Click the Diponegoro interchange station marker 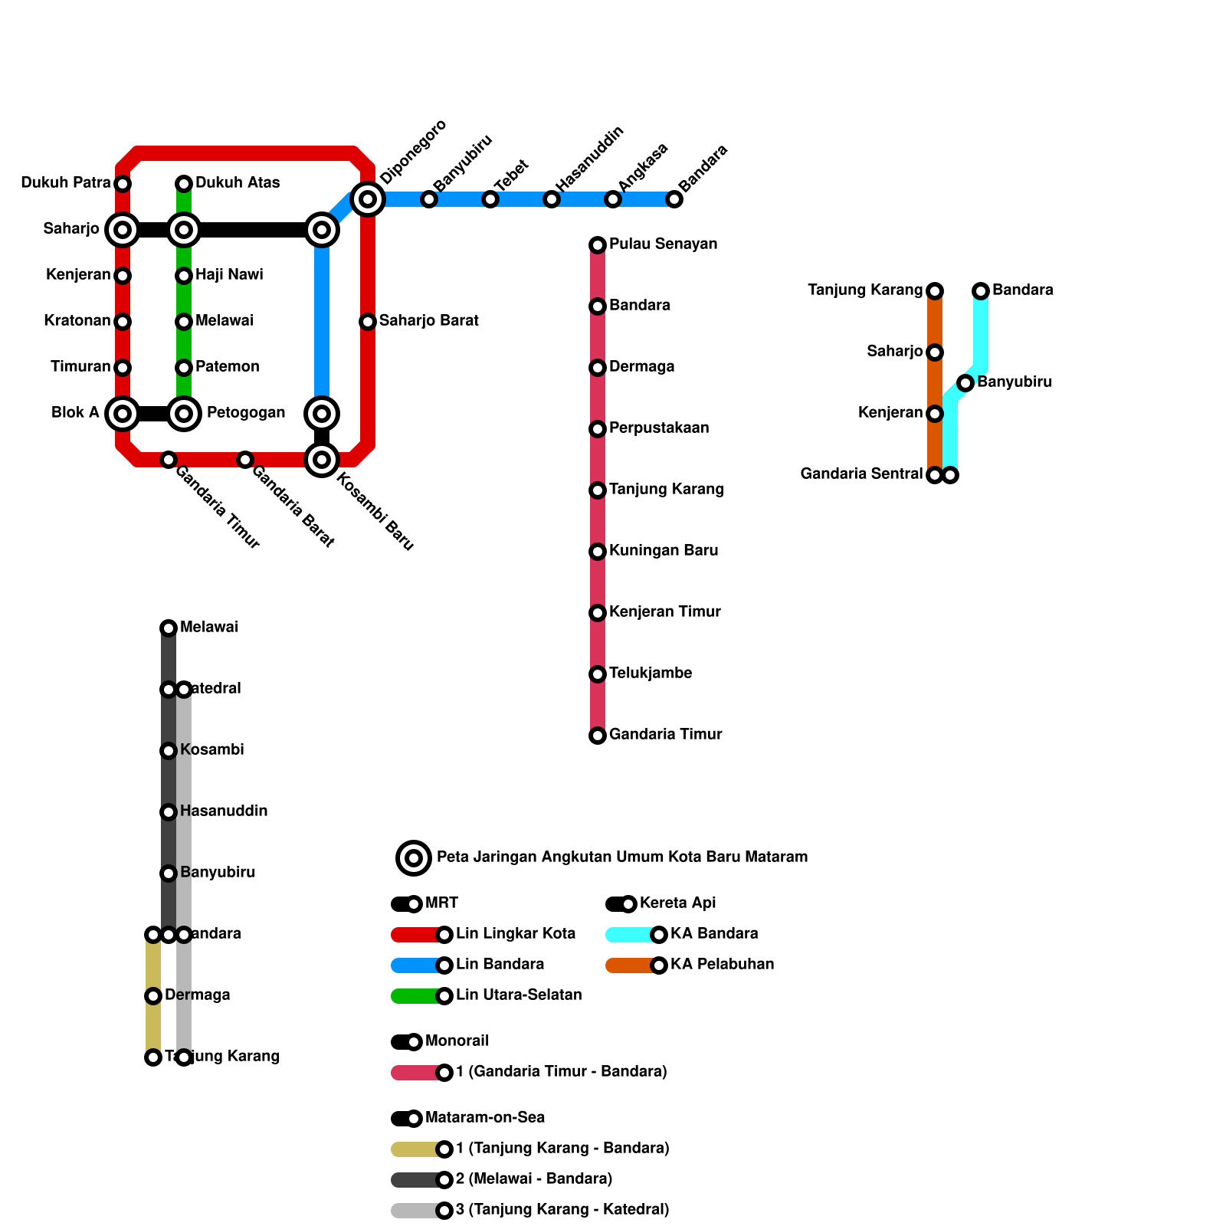368,199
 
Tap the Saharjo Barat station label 428,321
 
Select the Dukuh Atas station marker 184,184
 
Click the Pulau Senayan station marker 598,245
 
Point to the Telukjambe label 651,674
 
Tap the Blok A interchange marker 123,414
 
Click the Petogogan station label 245,413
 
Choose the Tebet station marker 490,199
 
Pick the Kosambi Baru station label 375,513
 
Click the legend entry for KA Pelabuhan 722,965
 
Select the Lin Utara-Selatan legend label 519,995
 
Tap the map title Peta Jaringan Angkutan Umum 621,857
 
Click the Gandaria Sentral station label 861,474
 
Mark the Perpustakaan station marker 598,429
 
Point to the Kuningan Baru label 664,551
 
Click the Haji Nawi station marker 184,276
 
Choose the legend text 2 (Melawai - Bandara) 534,1179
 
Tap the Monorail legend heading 457,1041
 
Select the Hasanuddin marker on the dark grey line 169,812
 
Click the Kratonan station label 77,321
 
